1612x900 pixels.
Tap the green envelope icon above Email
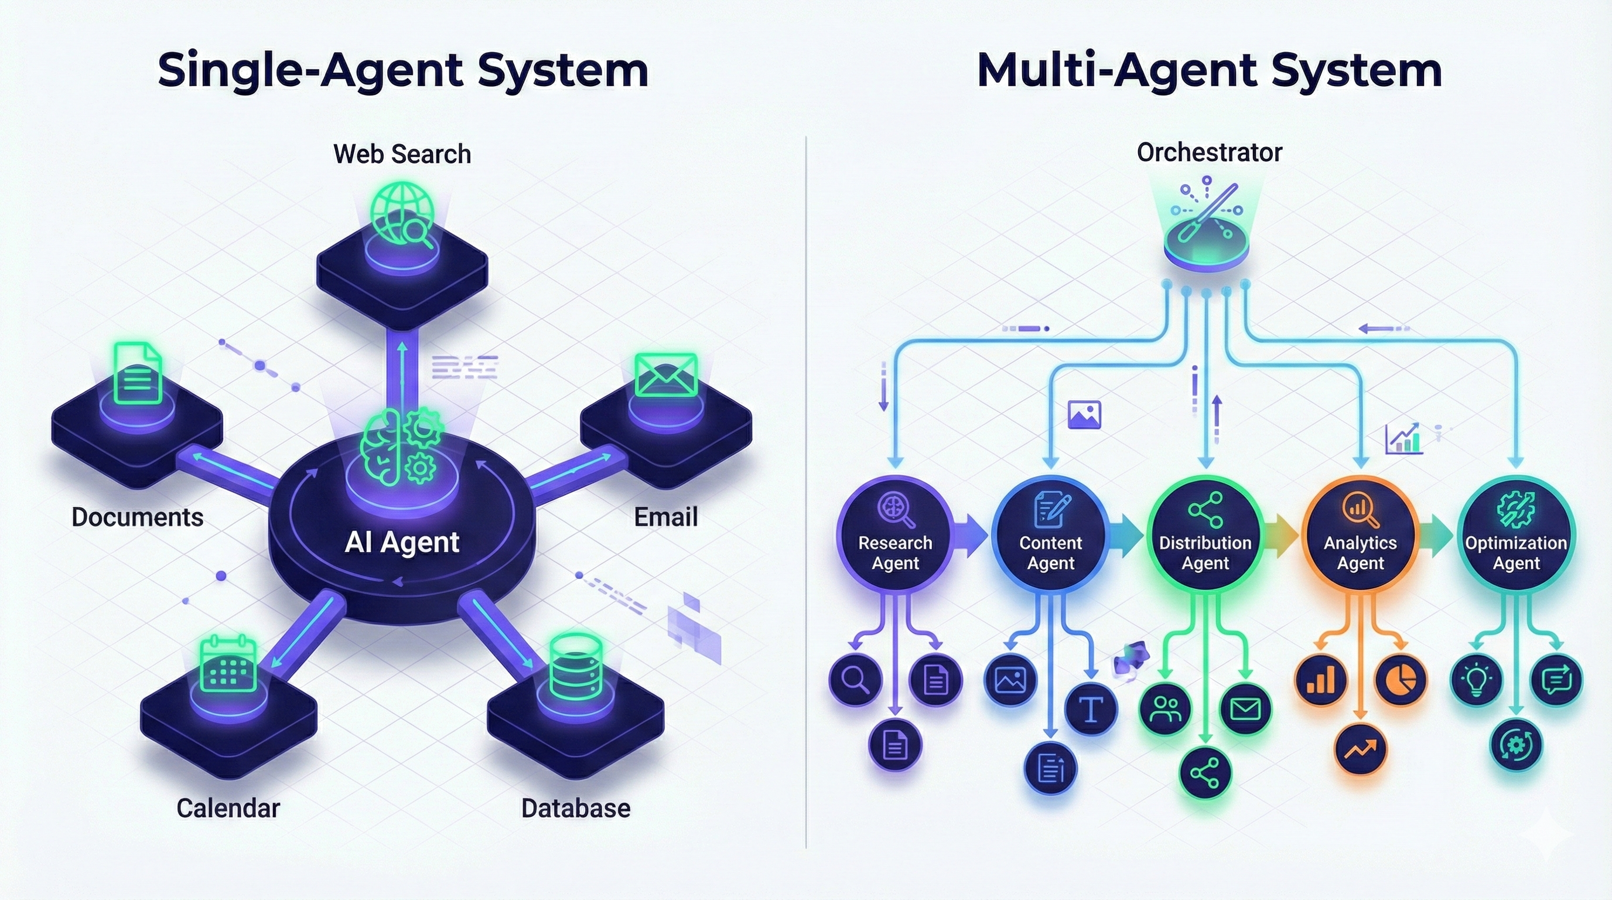coord(665,375)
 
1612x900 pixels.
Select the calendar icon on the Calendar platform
coord(228,664)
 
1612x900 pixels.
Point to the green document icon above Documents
coord(138,374)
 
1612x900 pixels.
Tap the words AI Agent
coord(402,542)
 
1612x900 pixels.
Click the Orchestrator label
coord(1209,153)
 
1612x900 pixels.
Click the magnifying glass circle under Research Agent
coord(855,679)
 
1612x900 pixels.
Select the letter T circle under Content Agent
coord(1091,709)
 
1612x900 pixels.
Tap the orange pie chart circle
coord(1401,680)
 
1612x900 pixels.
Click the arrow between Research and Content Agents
coord(970,536)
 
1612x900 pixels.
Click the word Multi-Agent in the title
coord(1117,70)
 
